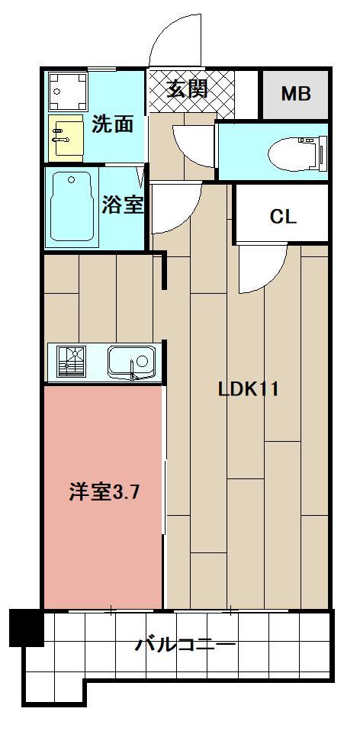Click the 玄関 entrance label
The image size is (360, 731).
coord(187,89)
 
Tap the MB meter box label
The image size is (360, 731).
coord(295,94)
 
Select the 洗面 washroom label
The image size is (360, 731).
coord(112,124)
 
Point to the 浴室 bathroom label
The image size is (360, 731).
coord(122,204)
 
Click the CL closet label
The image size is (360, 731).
coord(282,216)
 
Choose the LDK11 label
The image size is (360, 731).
coord(248,389)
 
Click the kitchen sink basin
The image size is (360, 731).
coord(131,361)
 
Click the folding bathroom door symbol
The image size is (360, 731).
coord(142,177)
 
